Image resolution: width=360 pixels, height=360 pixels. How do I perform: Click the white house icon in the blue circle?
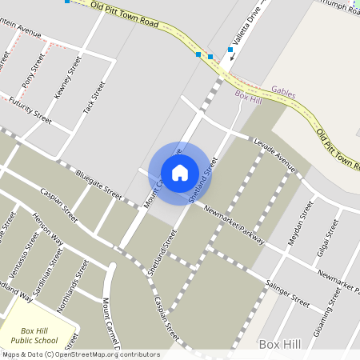179,172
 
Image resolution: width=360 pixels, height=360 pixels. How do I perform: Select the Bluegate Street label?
98,185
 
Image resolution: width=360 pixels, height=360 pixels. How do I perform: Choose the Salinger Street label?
286,293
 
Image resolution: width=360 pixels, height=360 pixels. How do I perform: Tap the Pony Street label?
35,71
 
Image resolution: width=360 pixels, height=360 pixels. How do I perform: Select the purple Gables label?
283,93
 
